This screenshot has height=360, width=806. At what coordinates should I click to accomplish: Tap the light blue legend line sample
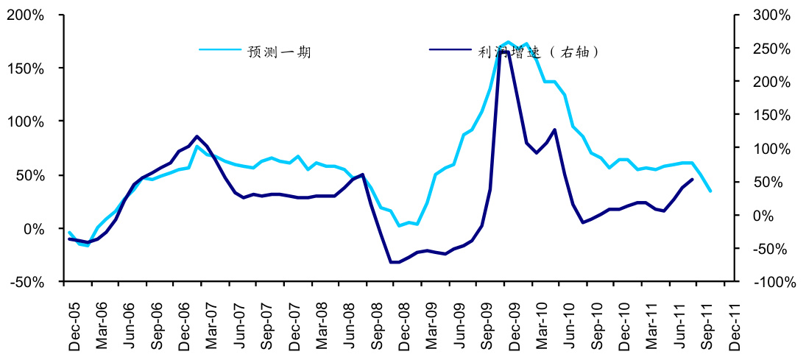pos(221,50)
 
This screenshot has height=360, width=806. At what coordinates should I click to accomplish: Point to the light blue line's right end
pos(710,191)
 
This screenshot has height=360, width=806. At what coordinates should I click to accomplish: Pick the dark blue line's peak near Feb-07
pos(197,136)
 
